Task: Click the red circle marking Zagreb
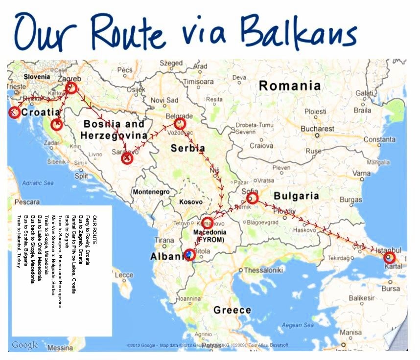coord(71,88)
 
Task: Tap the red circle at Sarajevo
coord(127,157)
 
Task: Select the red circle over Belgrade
coord(180,123)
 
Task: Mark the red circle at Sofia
coord(252,198)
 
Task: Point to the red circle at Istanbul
coord(389,257)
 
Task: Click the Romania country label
coord(290,86)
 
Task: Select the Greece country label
coord(232,310)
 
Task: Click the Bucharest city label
coord(318,129)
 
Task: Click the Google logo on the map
coord(24,345)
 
